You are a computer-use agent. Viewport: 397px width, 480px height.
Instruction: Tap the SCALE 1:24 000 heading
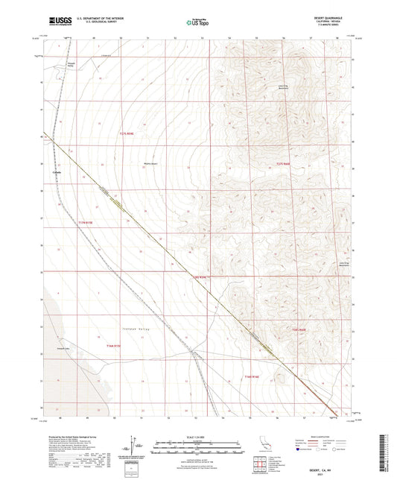coord(197,438)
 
